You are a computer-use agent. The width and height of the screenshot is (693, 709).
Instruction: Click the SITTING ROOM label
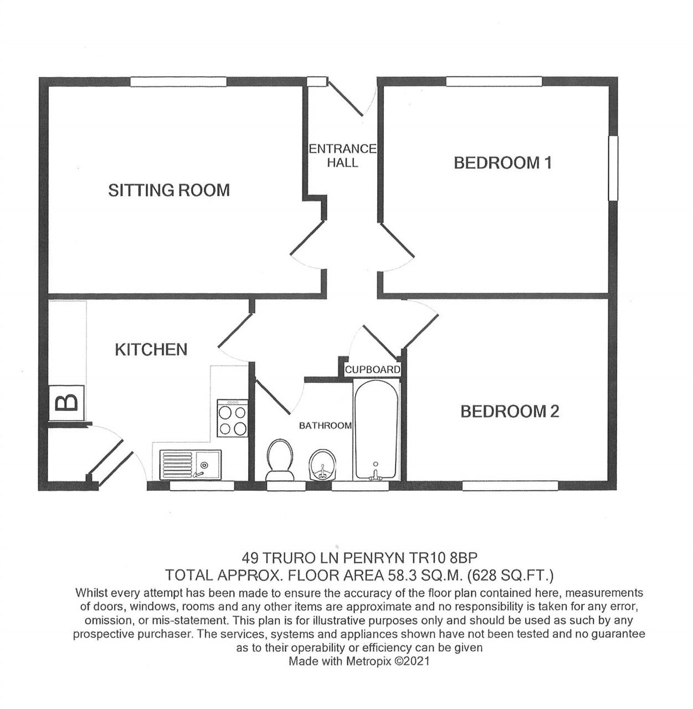(x=169, y=190)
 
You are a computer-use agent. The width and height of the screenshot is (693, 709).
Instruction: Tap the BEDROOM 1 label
(x=503, y=162)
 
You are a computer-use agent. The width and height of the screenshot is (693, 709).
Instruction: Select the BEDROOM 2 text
(x=510, y=412)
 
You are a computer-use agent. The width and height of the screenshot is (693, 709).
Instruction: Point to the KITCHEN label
(x=151, y=350)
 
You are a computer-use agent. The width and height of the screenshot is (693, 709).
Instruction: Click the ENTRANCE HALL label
(x=342, y=156)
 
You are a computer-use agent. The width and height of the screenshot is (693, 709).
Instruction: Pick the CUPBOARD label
(x=372, y=370)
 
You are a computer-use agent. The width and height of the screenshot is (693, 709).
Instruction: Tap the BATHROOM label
(x=325, y=425)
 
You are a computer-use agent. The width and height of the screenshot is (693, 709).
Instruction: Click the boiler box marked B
(x=66, y=403)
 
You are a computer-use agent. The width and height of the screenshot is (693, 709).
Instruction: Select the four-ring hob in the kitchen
(x=232, y=418)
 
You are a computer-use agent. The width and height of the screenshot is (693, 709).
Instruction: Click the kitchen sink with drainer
(x=190, y=465)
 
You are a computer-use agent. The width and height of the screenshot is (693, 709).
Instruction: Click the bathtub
(x=376, y=430)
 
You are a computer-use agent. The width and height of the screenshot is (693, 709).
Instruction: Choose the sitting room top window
(x=178, y=81)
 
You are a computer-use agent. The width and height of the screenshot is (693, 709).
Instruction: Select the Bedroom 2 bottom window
(x=510, y=486)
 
